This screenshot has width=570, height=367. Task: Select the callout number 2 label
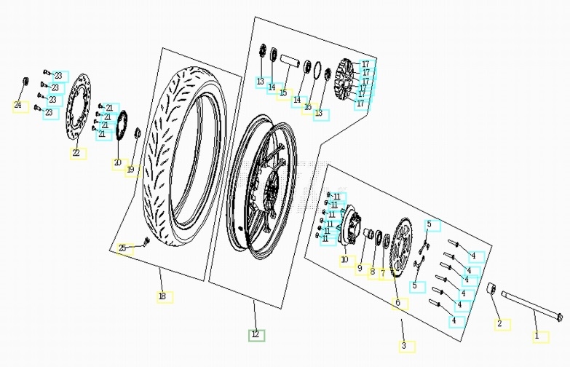[x=499, y=323]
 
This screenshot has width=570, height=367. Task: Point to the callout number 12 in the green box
[x=256, y=334]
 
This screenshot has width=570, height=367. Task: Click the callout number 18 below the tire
[x=162, y=296]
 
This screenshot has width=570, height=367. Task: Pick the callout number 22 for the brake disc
[x=75, y=153]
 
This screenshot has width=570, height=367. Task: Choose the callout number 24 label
[x=17, y=106]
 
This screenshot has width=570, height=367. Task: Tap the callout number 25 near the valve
[x=123, y=249]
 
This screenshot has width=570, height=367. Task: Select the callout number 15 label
[x=283, y=93]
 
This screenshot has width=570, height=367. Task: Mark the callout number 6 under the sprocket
[x=397, y=302]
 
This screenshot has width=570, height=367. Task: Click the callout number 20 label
[x=117, y=162]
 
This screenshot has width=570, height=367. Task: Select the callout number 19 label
[x=130, y=170]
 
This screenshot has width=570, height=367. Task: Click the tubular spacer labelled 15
[x=290, y=60]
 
